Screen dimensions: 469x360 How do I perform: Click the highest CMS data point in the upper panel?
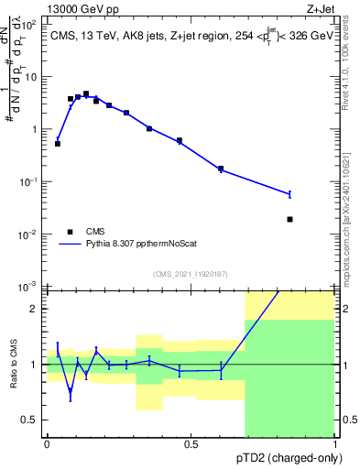86,93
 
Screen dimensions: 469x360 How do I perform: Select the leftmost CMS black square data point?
58,144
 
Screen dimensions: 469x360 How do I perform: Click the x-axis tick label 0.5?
191,443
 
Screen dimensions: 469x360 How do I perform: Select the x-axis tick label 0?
47,443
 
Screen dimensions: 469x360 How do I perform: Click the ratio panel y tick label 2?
35,309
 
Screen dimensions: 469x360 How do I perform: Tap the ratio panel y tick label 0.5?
31,420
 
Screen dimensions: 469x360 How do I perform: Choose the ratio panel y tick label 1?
35,365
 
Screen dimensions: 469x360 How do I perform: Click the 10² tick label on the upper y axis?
29,25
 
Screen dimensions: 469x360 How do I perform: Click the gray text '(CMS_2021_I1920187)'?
190,274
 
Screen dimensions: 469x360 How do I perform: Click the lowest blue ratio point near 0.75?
71,394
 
